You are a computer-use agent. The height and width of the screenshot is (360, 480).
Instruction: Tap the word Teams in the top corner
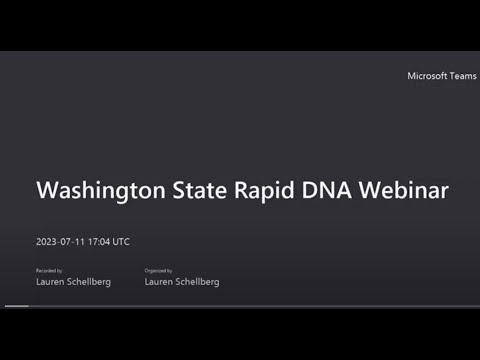click(459, 76)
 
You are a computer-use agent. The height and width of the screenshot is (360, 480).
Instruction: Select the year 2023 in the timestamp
click(47, 241)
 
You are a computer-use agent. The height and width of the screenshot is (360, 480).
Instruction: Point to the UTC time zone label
click(121, 241)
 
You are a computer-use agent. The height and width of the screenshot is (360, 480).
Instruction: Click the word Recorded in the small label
click(45, 270)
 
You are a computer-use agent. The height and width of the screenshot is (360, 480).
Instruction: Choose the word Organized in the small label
click(156, 270)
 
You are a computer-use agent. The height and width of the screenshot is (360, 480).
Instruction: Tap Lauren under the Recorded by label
click(50, 282)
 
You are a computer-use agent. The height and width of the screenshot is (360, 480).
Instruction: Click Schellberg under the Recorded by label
click(89, 282)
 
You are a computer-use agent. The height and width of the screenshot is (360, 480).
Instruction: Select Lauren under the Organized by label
click(160, 282)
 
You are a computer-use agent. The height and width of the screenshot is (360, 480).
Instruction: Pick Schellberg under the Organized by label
click(198, 282)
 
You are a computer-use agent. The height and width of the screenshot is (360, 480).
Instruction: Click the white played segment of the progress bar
click(17, 304)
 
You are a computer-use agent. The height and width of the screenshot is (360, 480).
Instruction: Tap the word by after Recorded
click(59, 270)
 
